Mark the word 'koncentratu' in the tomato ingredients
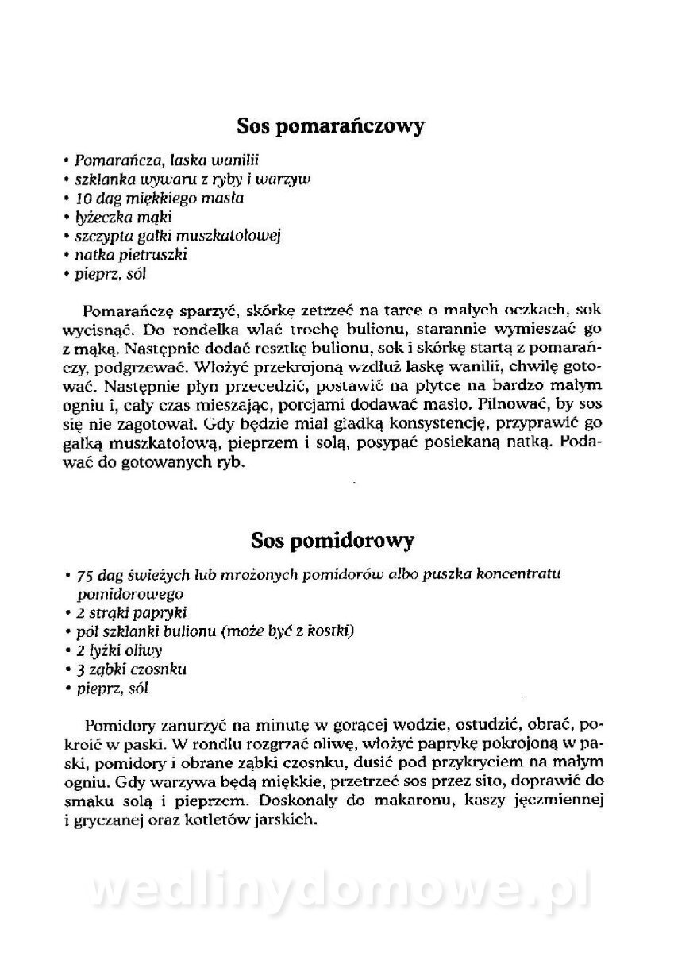532,575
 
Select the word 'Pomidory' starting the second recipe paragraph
117,725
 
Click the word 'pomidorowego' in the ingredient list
130,593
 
